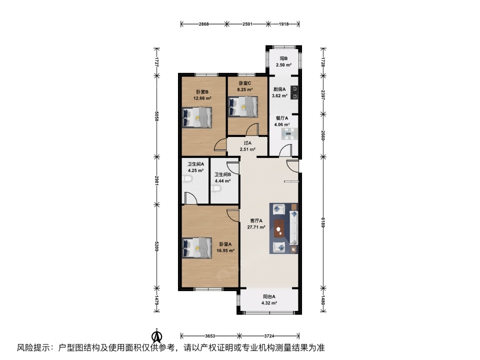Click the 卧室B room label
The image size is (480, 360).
(x=202, y=91)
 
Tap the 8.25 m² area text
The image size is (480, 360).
(x=245, y=89)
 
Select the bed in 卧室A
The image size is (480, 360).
(x=197, y=248)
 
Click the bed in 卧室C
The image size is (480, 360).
(x=243, y=106)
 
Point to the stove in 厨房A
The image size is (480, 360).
(x=294, y=93)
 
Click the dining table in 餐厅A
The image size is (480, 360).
(x=288, y=134)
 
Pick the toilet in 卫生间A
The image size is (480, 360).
(x=186, y=179)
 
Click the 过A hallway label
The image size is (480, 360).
(x=247, y=143)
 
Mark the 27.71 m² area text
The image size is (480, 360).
(x=256, y=227)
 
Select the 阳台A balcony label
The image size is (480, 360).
(x=269, y=296)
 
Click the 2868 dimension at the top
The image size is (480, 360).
(x=203, y=24)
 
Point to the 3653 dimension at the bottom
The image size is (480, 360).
(x=210, y=336)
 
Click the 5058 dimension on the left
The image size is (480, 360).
(x=156, y=116)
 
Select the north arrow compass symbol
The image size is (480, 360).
(x=157, y=336)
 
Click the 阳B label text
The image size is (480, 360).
(x=284, y=58)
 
